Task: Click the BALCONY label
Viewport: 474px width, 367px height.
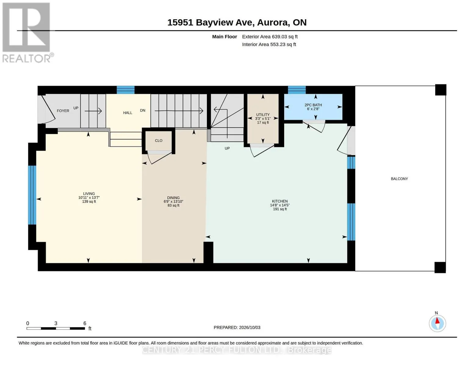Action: [399, 179]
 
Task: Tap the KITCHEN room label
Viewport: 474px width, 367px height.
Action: [280, 201]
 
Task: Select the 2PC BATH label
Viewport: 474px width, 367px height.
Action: [313, 105]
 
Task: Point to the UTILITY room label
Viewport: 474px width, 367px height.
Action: [262, 115]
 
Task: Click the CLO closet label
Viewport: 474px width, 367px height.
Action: [159, 141]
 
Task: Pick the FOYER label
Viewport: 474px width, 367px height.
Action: [63, 111]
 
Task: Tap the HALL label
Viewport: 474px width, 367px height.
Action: [128, 113]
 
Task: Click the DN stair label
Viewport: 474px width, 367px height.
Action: [143, 110]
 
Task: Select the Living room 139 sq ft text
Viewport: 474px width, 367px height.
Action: [89, 202]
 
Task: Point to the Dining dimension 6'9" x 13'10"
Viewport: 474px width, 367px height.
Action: [173, 202]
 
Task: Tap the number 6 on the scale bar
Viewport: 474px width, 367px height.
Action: [85, 323]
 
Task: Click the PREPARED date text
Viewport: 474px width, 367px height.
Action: [237, 328]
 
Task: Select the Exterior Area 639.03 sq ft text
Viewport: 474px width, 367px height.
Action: [270, 37]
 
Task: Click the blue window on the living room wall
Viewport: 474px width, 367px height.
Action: [32, 195]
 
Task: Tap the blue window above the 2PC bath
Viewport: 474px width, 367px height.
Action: [297, 90]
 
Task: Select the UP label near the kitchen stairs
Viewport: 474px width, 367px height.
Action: [227, 148]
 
